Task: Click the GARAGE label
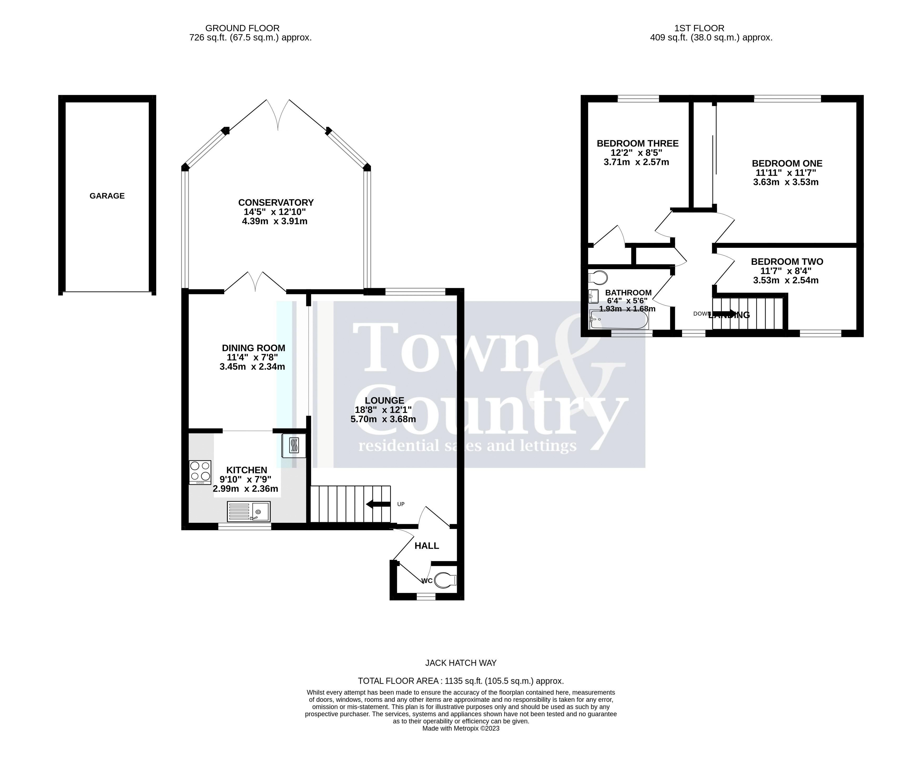point(107,196)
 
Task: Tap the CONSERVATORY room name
point(276,202)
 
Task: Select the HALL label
point(427,546)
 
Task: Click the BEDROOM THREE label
point(638,143)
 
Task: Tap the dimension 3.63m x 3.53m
point(786,182)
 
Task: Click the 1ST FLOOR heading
point(699,28)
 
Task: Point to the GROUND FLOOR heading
point(242,28)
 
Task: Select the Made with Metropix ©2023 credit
point(461,728)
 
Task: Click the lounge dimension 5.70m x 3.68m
point(383,419)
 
